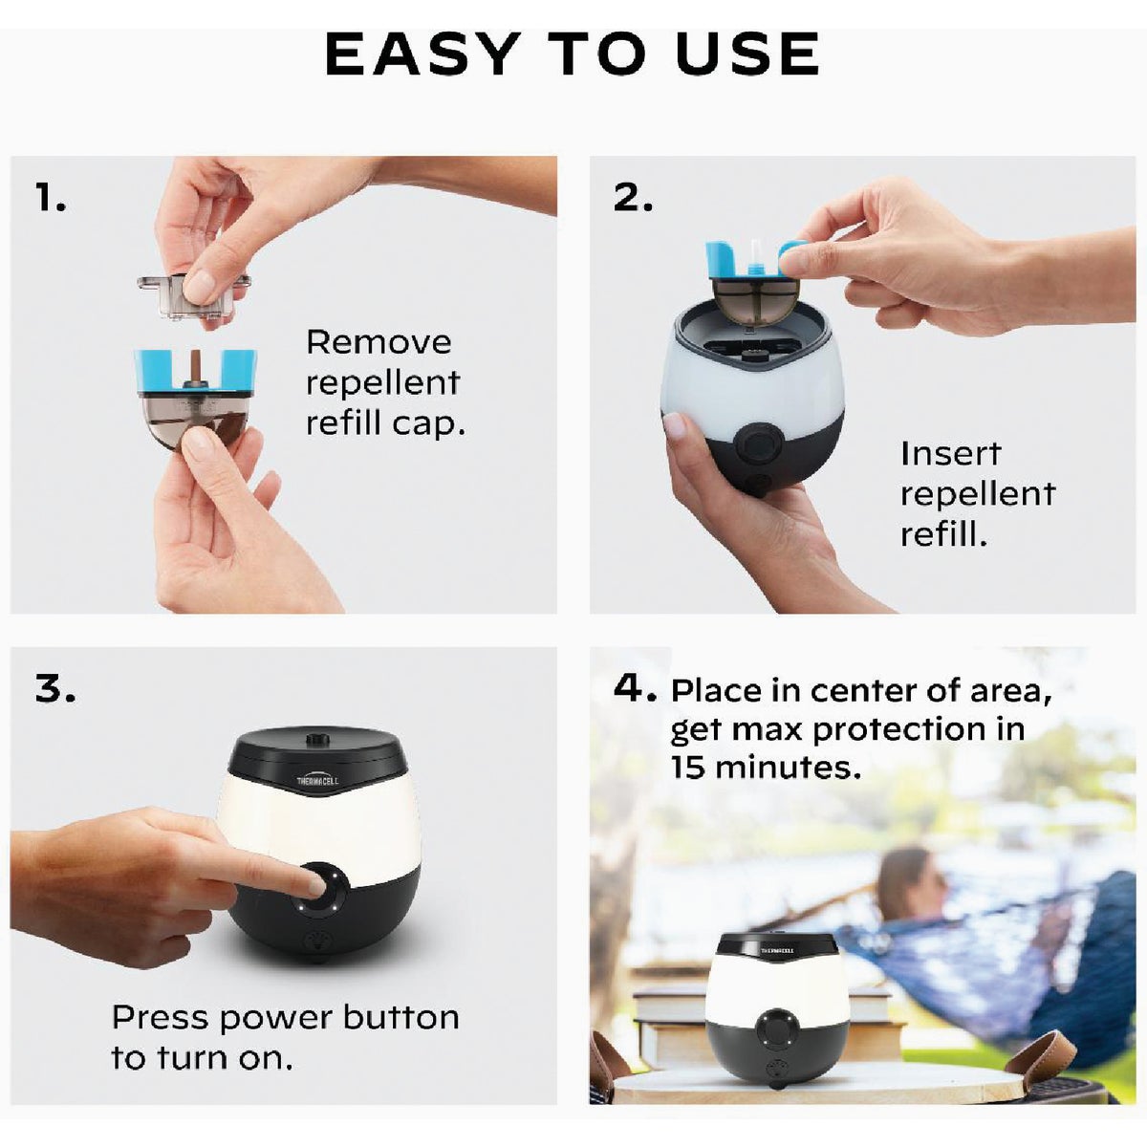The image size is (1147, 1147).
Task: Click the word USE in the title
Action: coord(747,54)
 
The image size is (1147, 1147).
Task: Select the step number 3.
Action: coord(55,688)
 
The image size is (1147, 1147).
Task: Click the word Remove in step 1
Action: coord(379,342)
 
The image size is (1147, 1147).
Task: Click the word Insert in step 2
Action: coord(950,453)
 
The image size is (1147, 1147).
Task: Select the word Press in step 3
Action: coord(161,1017)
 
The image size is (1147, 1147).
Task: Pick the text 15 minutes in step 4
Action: coord(765,768)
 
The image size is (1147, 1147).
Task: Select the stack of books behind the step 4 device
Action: coord(669,1023)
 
